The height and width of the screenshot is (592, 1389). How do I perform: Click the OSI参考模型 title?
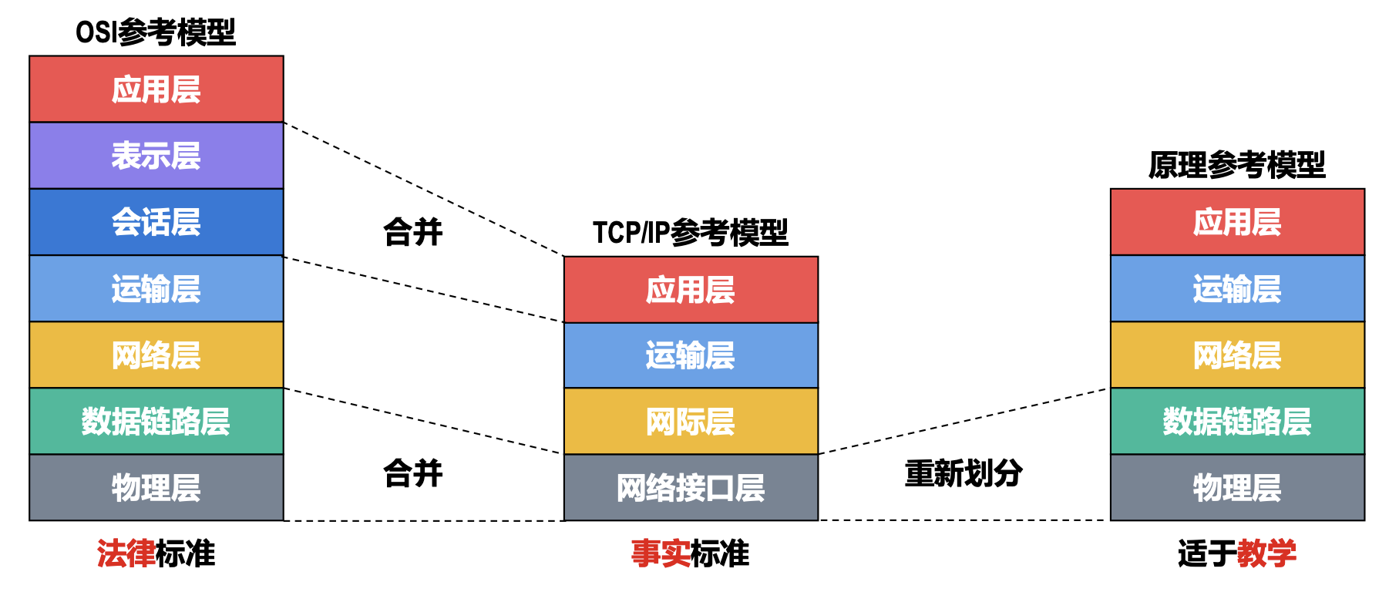coord(156,32)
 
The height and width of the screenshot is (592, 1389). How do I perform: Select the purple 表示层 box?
coord(156,156)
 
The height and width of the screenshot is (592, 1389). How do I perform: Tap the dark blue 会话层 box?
coord(156,222)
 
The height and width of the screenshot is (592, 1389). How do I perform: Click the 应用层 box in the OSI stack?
coord(156,89)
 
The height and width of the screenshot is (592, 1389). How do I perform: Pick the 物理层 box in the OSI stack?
coord(156,487)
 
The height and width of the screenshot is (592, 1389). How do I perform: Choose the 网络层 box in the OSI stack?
coord(156,355)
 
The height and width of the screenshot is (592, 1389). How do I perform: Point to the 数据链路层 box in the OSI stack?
coord(156,421)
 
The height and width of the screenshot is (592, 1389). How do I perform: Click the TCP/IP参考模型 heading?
coord(691,232)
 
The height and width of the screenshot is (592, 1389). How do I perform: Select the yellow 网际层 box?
coord(691,421)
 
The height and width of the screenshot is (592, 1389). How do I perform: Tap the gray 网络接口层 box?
coord(691,487)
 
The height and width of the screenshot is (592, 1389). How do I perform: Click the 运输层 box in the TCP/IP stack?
coord(691,355)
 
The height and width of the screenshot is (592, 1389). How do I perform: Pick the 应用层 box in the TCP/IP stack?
coord(691,290)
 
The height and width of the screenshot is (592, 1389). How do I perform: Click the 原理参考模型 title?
coord(1237,165)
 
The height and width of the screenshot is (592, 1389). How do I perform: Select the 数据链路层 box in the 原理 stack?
coord(1237,421)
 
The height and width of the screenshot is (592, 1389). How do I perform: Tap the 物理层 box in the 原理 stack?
coord(1237,487)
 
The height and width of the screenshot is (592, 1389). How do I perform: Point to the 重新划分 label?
coord(964,473)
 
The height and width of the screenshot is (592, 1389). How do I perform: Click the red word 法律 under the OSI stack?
coord(126,553)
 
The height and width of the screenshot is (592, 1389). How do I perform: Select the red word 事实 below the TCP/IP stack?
coord(661,553)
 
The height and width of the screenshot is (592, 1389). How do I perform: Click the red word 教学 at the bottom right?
coord(1266,553)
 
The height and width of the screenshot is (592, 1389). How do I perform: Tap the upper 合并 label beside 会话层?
coord(413,232)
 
